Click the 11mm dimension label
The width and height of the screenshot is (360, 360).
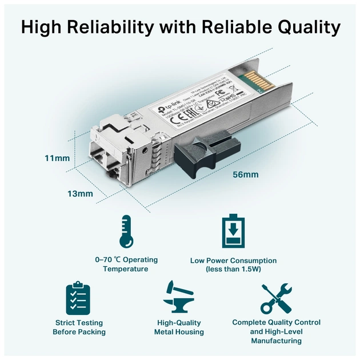click(57, 158)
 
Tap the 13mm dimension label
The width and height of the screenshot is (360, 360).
click(80, 194)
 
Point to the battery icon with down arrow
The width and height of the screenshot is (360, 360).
click(233, 231)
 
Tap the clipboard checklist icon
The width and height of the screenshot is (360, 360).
click(78, 298)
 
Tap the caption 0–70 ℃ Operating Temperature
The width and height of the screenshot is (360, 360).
click(126, 264)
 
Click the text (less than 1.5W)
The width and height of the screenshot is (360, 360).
click(233, 269)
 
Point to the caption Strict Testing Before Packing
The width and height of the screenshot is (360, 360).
click(79, 327)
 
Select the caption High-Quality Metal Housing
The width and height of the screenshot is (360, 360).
click(179, 327)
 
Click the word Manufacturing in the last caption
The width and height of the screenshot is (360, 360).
click(276, 341)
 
